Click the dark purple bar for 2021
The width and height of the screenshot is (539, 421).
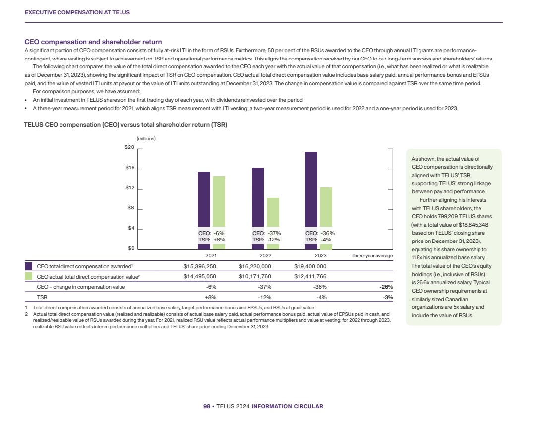point(204,198)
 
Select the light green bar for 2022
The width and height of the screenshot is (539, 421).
point(273,213)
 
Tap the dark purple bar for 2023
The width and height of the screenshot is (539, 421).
point(311,188)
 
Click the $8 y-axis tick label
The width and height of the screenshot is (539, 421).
point(130,209)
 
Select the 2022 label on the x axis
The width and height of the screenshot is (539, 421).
point(266,256)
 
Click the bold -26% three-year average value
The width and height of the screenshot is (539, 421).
point(387,287)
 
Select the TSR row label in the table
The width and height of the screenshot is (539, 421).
point(42,297)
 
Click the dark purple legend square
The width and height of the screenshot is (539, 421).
point(29,266)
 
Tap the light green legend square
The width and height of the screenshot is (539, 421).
point(29,276)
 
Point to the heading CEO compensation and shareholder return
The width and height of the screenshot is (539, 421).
point(93,42)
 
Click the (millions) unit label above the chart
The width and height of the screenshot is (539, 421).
point(146,138)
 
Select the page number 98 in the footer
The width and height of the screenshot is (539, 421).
point(207,406)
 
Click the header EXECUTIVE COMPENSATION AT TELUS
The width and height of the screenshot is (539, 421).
point(77,12)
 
